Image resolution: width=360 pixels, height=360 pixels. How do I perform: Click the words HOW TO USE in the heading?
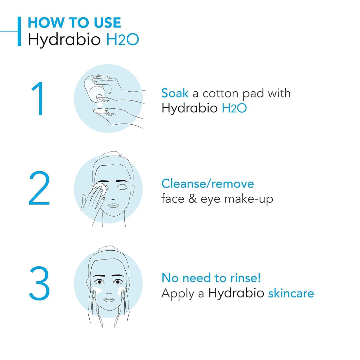click(74, 23)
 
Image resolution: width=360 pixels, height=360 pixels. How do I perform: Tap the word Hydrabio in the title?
click(64, 39)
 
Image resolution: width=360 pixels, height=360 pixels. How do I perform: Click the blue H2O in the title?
click(123, 39)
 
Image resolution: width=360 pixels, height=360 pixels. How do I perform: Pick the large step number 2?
click(39, 189)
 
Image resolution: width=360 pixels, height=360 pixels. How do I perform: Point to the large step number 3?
click(39, 284)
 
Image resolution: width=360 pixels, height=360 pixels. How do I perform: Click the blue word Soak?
click(175, 93)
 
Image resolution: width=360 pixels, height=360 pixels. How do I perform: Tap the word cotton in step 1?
click(220, 94)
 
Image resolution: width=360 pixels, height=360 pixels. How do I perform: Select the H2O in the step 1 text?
click(234, 108)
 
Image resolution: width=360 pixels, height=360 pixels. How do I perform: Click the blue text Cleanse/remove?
click(207, 184)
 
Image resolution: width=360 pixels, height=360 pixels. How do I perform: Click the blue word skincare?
click(291, 293)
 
